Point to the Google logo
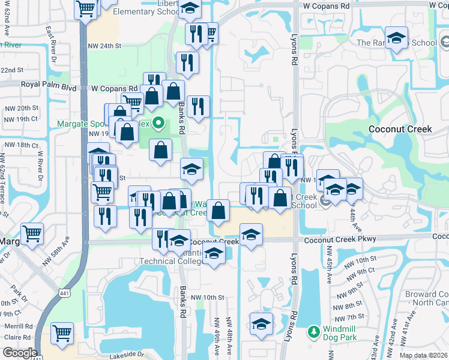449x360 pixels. pyautogui.click(x=19, y=353)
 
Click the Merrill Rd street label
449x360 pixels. pyautogui.click(x=16, y=326)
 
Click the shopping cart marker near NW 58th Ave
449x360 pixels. pyautogui.click(x=32, y=232)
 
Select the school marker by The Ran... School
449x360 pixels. pyautogui.click(x=396, y=38)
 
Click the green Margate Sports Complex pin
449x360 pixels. pyautogui.click(x=158, y=124)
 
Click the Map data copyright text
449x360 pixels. pyautogui.click(x=423, y=355)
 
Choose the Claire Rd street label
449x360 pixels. pyautogui.click(x=16, y=337)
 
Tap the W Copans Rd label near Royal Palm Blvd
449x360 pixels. pyautogui.click(x=114, y=88)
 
